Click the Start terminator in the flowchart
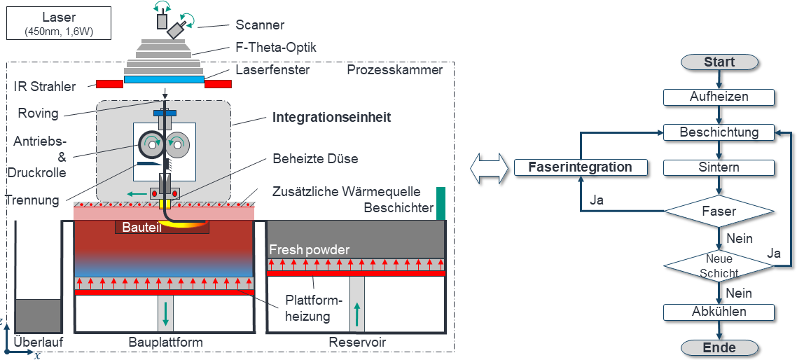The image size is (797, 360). (x=719, y=62)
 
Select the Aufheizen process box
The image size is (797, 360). (x=719, y=97)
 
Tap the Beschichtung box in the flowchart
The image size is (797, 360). (x=719, y=132)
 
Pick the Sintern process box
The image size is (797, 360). (x=719, y=167)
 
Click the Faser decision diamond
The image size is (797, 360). (x=719, y=210)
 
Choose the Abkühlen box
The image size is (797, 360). (x=719, y=311)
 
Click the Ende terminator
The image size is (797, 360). (x=719, y=348)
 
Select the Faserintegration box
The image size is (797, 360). (x=581, y=167)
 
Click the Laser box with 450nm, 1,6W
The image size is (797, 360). (x=58, y=23)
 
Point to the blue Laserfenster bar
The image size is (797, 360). (x=164, y=80)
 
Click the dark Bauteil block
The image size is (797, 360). (x=162, y=228)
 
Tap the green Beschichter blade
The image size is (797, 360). (x=441, y=203)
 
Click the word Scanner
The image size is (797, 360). (x=260, y=25)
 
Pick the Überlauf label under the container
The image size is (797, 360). (x=39, y=342)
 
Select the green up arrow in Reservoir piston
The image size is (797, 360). (x=357, y=314)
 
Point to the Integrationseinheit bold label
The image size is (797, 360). (x=331, y=118)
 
